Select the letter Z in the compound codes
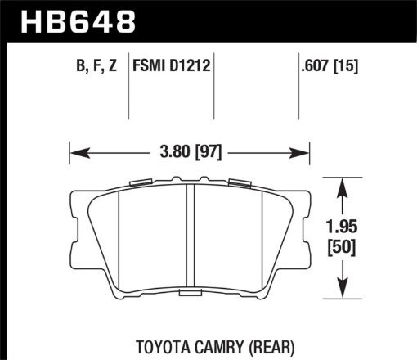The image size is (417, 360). [x=119, y=70]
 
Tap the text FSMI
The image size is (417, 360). [x=151, y=70]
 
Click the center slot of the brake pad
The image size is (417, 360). [x=190, y=237]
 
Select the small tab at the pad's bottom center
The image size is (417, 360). [x=190, y=290]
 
